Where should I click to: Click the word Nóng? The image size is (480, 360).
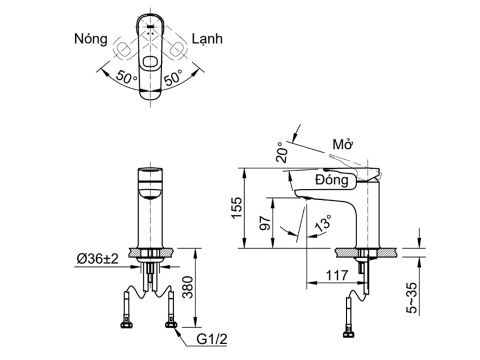click(91, 39)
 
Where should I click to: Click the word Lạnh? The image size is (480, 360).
click(207, 39)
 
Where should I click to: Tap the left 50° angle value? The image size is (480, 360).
click(127, 77)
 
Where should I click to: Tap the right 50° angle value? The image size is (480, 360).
click(173, 77)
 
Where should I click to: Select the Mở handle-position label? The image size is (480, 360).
click(343, 144)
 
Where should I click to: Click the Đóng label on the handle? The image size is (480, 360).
click(332, 180)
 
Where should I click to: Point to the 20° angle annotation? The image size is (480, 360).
click(282, 152)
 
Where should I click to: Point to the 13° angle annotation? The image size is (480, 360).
click(323, 223)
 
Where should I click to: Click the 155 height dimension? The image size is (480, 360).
click(236, 208)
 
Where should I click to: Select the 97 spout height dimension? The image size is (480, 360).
click(265, 223)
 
